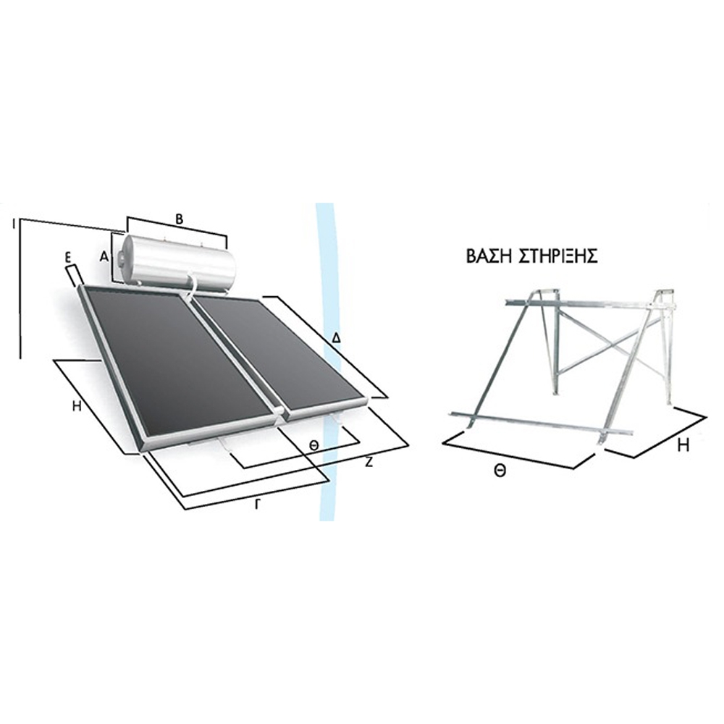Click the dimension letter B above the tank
[179, 220]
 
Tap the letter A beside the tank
[104, 257]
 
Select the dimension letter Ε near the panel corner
[67, 259]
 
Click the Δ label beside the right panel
[337, 338]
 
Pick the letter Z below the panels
[369, 463]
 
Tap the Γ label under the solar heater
[258, 505]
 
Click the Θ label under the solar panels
[314, 445]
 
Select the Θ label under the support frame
[500, 471]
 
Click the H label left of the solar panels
[77, 406]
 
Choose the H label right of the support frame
[683, 445]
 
